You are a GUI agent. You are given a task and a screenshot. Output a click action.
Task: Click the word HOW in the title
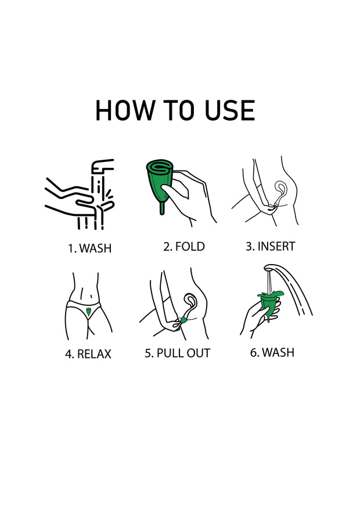[x=124, y=110]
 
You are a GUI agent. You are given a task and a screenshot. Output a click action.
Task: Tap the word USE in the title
[x=229, y=110]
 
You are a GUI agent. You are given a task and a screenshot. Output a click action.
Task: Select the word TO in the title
[x=179, y=110]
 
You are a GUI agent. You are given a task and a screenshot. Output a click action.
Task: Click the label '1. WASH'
[x=89, y=248]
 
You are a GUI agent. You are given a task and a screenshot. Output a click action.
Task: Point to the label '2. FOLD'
[x=183, y=247]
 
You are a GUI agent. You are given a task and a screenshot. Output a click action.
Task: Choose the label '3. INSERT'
[x=271, y=247]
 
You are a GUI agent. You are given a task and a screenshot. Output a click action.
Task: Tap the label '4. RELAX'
[x=88, y=354]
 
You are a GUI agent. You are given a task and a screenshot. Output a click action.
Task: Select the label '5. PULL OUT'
[x=178, y=353]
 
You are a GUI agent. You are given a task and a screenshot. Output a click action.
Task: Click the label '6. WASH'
[x=272, y=352]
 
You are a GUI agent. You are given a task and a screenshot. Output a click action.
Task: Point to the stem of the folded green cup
[x=162, y=208]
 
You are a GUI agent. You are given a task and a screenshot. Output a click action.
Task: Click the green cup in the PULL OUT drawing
[x=183, y=321]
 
